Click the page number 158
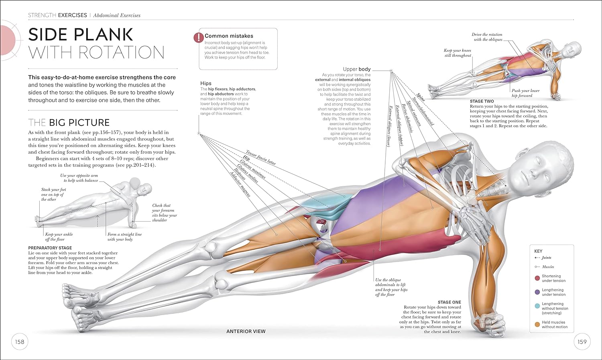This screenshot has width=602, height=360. tap(20, 342)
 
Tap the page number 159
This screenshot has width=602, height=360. tap(582, 342)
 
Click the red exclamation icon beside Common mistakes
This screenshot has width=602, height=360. tap(198, 37)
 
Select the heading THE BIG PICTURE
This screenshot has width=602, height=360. tap(69, 122)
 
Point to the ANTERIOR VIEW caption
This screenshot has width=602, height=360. tap(246, 332)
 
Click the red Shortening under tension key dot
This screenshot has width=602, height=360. tap(537, 278)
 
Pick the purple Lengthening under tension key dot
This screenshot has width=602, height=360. tap(537, 292)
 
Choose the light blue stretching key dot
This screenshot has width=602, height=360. tap(537, 306)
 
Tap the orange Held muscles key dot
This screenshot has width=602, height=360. tap(537, 324)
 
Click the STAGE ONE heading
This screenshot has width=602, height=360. tap(449, 302)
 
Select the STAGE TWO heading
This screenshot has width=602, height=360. tap(482, 102)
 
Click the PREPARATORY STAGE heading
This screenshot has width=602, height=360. tap(50, 248)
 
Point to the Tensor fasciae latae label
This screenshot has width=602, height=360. tap(260, 158)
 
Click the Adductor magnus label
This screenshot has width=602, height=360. tap(240, 184)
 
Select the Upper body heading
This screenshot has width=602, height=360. tap(356, 69)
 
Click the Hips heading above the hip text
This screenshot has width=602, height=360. tap(205, 83)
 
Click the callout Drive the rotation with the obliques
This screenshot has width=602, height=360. tap(487, 37)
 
